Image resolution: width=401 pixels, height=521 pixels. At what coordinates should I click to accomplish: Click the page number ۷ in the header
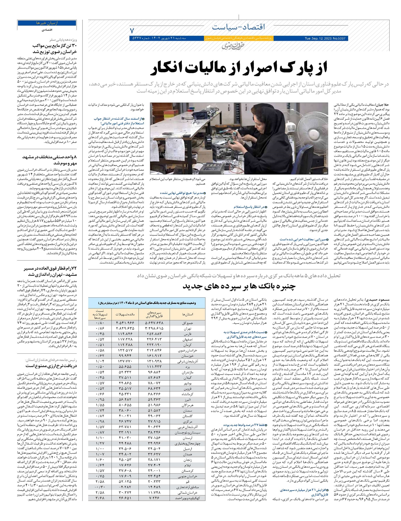132,30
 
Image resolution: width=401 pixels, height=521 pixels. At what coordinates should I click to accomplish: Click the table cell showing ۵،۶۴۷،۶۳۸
155,323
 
